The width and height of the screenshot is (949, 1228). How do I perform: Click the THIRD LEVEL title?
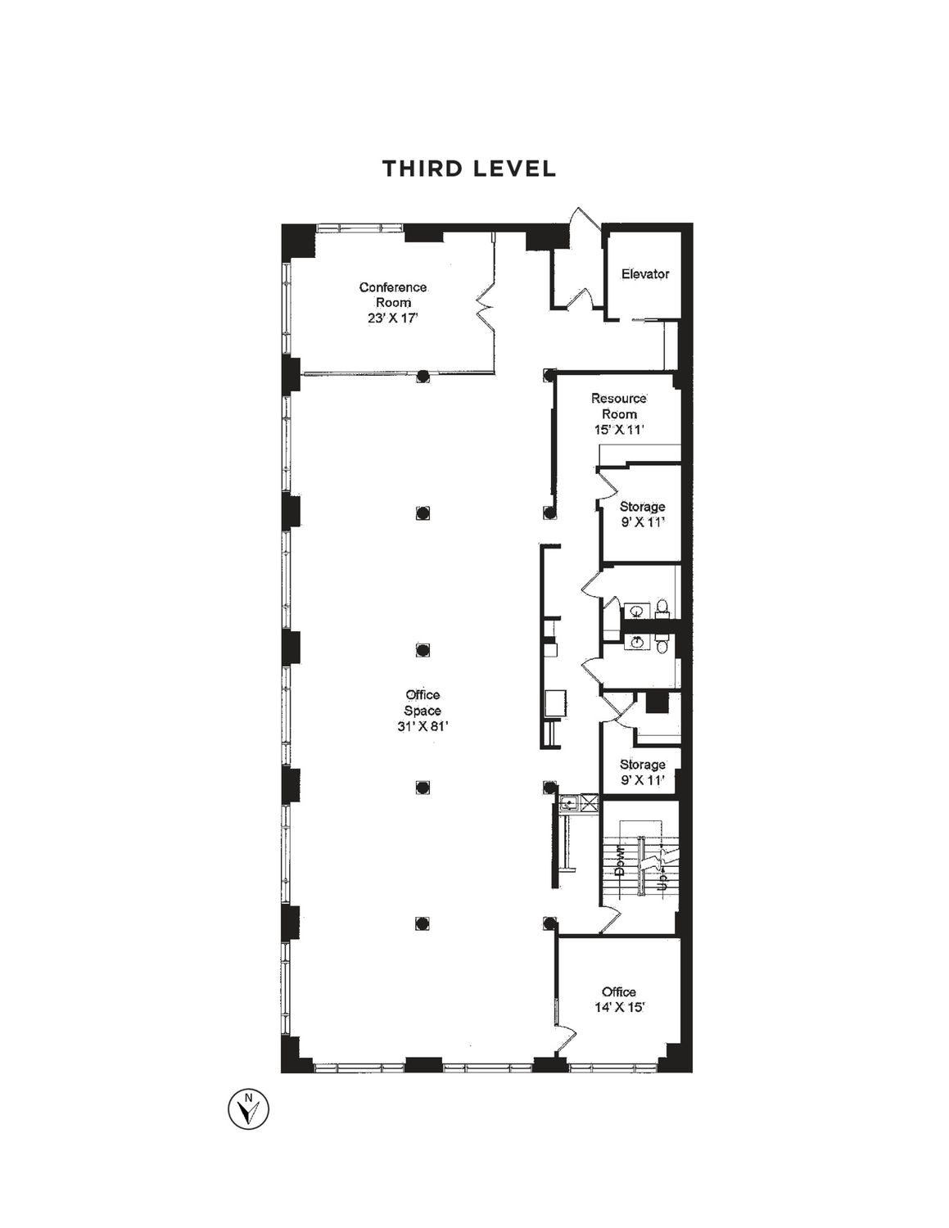(468, 169)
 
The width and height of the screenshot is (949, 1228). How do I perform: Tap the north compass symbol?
(248, 1109)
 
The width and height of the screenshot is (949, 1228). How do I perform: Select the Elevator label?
(645, 274)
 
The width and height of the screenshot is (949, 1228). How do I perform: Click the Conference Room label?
(393, 295)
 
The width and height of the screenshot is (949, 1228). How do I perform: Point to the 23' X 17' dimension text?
(393, 318)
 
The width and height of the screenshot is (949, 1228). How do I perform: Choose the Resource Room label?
(620, 406)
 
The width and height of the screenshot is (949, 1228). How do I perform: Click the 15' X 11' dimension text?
(619, 430)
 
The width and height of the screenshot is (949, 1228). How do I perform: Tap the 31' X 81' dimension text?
(423, 727)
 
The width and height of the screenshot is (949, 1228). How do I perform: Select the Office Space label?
(423, 703)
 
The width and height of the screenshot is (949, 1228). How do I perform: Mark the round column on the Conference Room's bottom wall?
(422, 375)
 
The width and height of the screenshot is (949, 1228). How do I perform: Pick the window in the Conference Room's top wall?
(359, 228)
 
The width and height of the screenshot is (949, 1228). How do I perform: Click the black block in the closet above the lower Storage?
(657, 702)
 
